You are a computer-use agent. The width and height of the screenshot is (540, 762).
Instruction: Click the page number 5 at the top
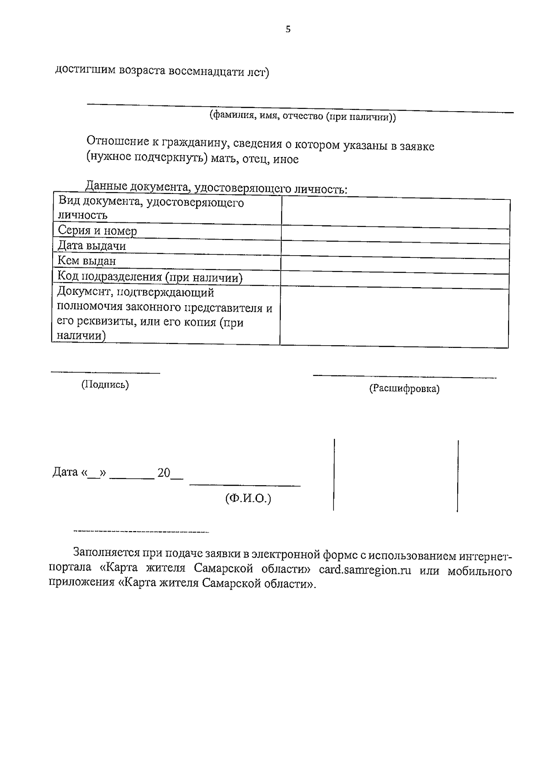(x=288, y=30)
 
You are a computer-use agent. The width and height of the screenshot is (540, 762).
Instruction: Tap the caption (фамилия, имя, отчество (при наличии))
(x=302, y=117)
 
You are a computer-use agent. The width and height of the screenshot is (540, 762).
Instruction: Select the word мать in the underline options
(x=223, y=159)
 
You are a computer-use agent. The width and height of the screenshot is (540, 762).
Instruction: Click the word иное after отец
(x=286, y=159)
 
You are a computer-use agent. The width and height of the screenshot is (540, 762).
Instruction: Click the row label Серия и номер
(x=97, y=231)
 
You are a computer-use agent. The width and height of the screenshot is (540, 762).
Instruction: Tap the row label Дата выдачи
(x=91, y=246)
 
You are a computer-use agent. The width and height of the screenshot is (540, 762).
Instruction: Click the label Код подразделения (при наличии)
(x=150, y=277)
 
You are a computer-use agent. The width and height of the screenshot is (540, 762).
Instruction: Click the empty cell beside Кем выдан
(x=395, y=263)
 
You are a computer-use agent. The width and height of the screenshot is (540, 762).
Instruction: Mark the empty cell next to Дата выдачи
(x=395, y=248)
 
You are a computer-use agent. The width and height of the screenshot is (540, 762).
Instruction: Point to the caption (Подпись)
(x=105, y=384)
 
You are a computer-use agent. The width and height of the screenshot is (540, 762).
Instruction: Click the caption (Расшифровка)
(x=404, y=388)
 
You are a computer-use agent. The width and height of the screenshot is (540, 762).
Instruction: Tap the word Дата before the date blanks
(x=65, y=472)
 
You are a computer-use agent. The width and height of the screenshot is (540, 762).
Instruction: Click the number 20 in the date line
(x=163, y=473)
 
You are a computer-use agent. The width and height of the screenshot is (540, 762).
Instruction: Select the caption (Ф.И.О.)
(x=248, y=498)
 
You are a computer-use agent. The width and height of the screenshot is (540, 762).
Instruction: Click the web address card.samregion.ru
(x=365, y=570)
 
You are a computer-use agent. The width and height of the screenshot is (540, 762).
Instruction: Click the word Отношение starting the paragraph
(x=118, y=141)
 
